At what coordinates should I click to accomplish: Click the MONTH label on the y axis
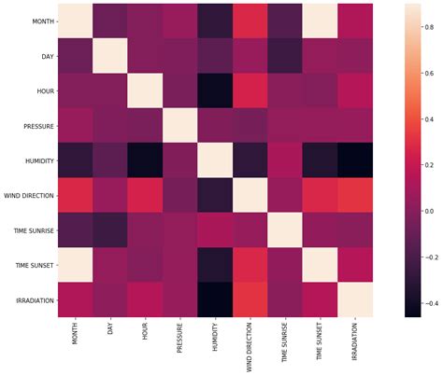(x=42, y=21)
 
